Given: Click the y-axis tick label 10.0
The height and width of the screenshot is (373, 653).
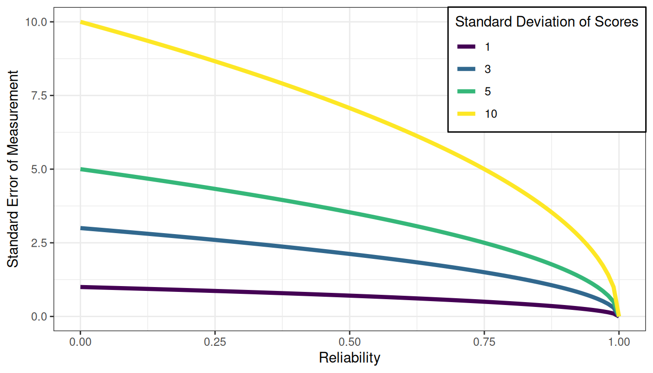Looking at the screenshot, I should [x=37, y=22].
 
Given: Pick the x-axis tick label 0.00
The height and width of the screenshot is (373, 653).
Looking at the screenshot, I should [x=80, y=342].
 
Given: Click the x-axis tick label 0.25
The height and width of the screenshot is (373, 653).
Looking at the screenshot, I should [x=215, y=342].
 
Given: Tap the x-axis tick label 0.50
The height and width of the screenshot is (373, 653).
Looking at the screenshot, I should [x=349, y=342].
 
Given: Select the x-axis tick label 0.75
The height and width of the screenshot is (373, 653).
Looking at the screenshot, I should [x=484, y=342].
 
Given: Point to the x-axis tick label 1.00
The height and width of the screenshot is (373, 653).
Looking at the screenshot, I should [x=619, y=342].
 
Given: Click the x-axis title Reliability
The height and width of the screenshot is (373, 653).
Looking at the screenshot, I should [x=349, y=358].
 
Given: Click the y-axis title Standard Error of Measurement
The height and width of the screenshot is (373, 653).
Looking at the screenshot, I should [x=13, y=169].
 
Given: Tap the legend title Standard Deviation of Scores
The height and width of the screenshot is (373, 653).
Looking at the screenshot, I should [x=547, y=22].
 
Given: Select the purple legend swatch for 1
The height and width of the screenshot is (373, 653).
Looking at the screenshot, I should [x=466, y=47].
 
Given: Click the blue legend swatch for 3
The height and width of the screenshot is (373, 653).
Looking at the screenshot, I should [x=466, y=69].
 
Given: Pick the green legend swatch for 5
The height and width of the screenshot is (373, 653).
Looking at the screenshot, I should [x=466, y=91].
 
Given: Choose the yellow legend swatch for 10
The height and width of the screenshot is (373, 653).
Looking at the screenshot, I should [x=466, y=114].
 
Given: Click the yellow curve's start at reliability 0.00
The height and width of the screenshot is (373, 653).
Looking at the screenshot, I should [x=81, y=22].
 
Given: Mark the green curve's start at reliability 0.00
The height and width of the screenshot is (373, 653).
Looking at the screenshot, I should [x=81, y=169].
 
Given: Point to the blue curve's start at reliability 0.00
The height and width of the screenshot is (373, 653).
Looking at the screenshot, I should [x=81, y=228].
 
